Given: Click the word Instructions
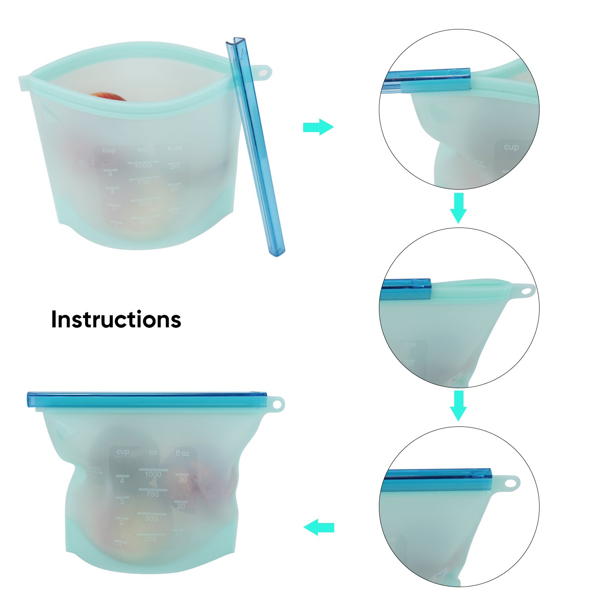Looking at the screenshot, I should (116, 320).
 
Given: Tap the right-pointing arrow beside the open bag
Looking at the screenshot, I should (318, 127).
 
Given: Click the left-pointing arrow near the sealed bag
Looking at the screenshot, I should (319, 527).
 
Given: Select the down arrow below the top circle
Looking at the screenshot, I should (458, 207).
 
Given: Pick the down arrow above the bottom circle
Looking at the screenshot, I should (458, 405).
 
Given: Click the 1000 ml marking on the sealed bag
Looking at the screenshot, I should (153, 474).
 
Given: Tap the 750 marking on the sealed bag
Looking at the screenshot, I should (152, 494).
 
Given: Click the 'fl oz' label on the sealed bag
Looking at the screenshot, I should (182, 453).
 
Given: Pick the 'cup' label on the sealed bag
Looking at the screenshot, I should (122, 452).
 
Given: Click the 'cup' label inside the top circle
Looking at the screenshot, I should (511, 147).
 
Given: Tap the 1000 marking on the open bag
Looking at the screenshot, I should (143, 165).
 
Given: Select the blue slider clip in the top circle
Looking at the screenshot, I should (427, 81).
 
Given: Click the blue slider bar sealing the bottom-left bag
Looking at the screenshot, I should (147, 399).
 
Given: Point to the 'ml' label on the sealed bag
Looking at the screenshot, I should (153, 453).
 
